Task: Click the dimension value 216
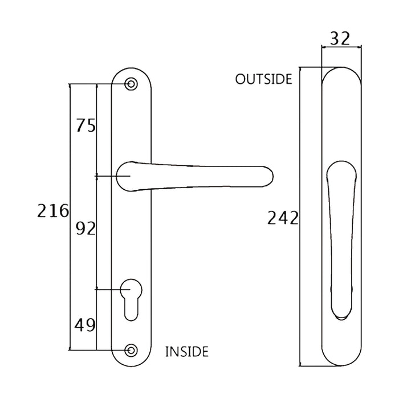point(53,211)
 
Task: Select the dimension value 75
point(85,126)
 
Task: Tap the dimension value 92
point(85,229)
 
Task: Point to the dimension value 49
point(85,325)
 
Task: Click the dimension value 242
point(283,218)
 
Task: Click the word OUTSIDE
point(264,79)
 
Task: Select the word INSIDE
point(186,351)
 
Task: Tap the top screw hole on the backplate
point(132,84)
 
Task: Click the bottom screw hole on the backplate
point(132,349)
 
